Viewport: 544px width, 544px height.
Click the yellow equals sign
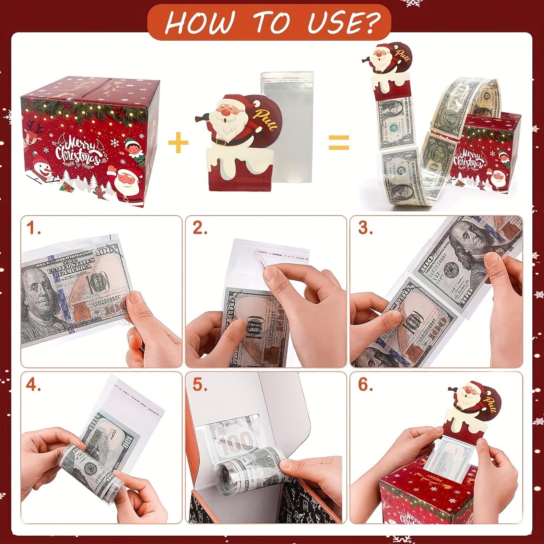click(339, 142)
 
